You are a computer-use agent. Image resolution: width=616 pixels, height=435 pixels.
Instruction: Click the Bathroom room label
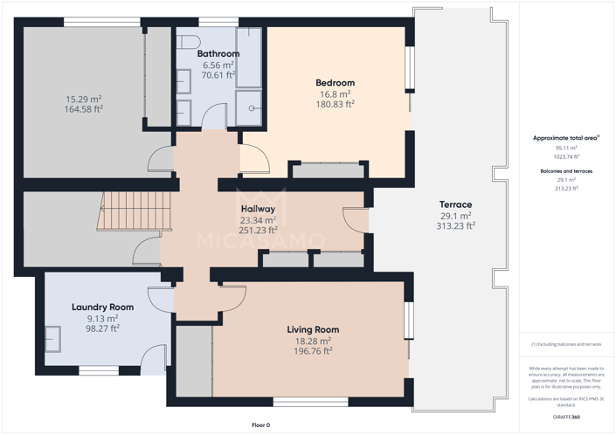[218, 54]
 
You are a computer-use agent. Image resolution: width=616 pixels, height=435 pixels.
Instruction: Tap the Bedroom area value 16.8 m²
[335, 94]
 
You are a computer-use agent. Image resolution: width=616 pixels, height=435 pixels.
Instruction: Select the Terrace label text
[455, 204]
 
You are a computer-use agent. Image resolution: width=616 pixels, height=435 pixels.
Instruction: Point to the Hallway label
[258, 210]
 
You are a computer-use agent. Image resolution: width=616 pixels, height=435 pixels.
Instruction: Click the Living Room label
[313, 329]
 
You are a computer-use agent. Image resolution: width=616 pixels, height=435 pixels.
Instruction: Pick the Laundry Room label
[102, 307]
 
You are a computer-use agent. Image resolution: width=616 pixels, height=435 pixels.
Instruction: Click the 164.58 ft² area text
[84, 109]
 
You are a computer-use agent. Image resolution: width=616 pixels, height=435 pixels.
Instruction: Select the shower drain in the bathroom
[253, 109]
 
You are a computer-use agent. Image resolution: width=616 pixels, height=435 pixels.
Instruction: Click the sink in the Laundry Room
[53, 337]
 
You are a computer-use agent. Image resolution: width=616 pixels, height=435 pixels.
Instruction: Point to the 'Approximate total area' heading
[564, 138]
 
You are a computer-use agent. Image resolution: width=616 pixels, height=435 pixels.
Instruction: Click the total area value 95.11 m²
[566, 148]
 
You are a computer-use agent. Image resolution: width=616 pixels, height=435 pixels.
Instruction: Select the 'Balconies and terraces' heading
[566, 171]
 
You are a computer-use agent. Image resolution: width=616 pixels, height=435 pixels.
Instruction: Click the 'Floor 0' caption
[261, 425]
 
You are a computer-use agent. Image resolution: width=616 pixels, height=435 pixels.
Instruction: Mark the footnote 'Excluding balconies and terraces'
[566, 345]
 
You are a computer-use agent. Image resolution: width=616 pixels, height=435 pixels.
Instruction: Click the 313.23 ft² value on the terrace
[455, 225]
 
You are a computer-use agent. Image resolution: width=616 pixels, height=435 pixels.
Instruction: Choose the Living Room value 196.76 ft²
[313, 351]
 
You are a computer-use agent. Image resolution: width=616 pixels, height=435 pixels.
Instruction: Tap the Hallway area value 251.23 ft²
[258, 231]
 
